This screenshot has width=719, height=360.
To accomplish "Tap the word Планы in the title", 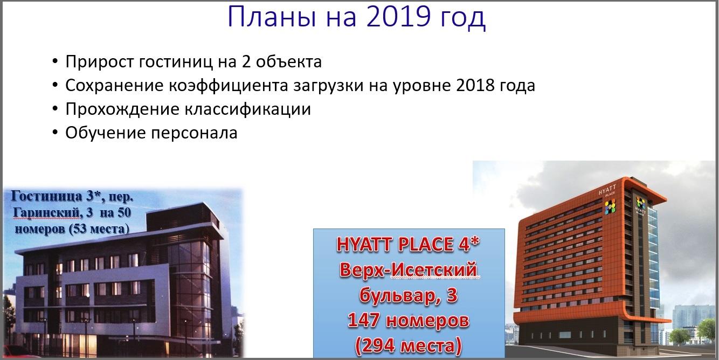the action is [x=272, y=17].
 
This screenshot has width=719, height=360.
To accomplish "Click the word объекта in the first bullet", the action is [x=288, y=61].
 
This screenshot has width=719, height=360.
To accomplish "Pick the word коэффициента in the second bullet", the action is [x=228, y=85].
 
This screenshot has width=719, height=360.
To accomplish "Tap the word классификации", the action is [x=248, y=109].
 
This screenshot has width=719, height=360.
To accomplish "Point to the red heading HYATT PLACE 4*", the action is [x=408, y=245].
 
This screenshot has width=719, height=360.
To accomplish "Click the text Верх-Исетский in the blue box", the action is [x=409, y=270].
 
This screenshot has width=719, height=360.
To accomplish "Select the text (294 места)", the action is [x=409, y=345].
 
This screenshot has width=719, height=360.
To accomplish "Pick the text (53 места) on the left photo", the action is [x=100, y=229].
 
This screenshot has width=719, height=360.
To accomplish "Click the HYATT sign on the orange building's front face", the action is [x=607, y=190].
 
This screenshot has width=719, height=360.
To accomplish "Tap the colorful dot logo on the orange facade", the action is [x=610, y=206].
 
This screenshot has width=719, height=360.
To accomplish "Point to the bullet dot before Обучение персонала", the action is [x=55, y=133].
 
